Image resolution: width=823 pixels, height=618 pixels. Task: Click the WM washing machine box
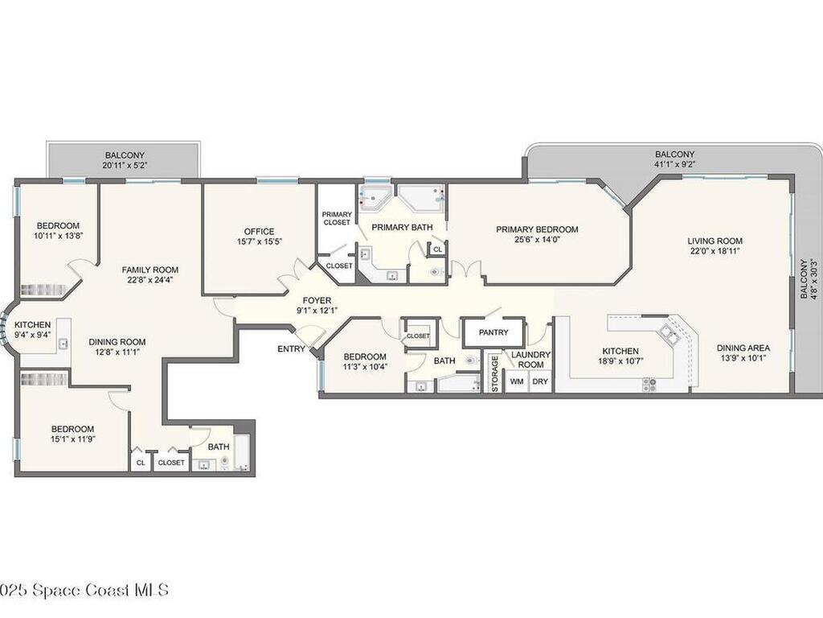pyautogui.click(x=517, y=381)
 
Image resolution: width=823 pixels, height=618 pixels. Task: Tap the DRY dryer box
pyautogui.click(x=540, y=381)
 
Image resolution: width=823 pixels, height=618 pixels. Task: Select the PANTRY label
pyautogui.click(x=493, y=332)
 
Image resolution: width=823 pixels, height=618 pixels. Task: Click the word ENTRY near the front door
pyautogui.click(x=291, y=349)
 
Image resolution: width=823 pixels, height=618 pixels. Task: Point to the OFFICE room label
pyautogui.click(x=259, y=231)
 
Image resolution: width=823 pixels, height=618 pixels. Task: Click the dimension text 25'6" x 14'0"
pyautogui.click(x=537, y=240)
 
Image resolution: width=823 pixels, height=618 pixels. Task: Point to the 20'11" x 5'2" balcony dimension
pyautogui.click(x=124, y=166)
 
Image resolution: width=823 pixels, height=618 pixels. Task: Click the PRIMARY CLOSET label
pyautogui.click(x=336, y=218)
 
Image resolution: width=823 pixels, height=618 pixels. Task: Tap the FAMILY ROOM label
pyautogui.click(x=150, y=270)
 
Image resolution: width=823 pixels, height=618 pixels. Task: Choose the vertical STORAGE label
pyautogui.click(x=495, y=374)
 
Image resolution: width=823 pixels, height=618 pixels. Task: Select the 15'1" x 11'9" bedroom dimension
pyautogui.click(x=72, y=439)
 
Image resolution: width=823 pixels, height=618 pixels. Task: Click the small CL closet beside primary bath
pyautogui.click(x=437, y=250)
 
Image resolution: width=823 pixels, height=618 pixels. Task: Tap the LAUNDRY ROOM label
pyautogui.click(x=530, y=360)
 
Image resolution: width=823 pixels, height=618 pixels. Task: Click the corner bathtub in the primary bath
pyautogui.click(x=375, y=196)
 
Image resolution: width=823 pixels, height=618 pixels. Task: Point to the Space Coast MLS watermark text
pyautogui.click(x=84, y=590)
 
